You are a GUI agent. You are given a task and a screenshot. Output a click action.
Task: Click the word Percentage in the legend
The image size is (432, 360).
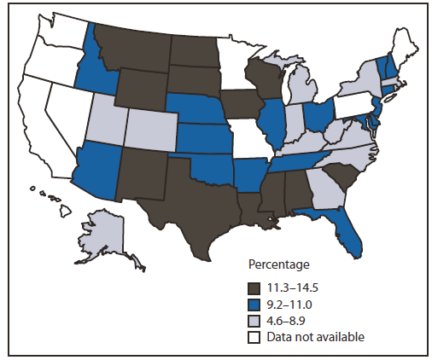pyautogui.click(x=278, y=264)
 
